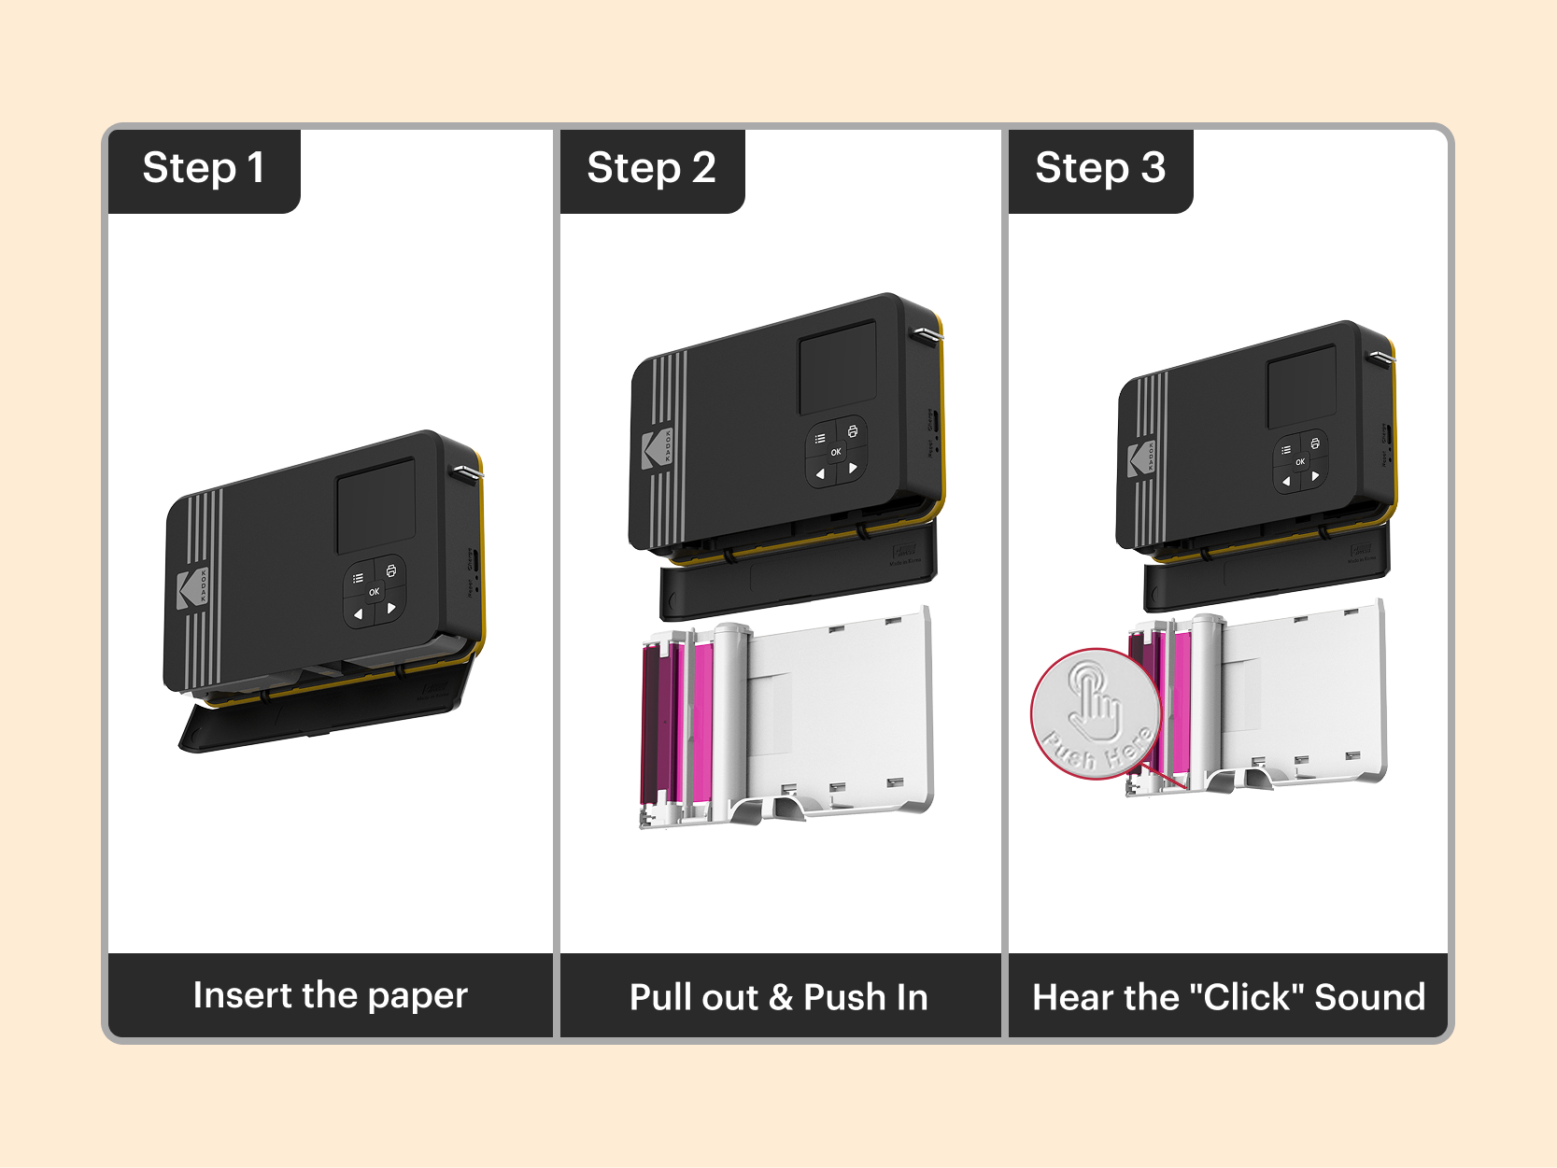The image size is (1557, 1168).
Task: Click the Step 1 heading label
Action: [x=204, y=169]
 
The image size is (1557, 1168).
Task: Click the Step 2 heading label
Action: [x=651, y=169]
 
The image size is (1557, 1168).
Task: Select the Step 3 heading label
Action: [x=1099, y=169]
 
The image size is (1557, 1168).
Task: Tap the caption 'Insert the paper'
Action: [x=330, y=995]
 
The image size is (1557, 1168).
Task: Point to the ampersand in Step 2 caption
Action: [x=781, y=998]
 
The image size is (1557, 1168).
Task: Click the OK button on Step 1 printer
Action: [x=374, y=592]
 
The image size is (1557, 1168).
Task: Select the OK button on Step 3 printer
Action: [x=1299, y=462]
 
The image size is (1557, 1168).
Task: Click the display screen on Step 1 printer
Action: [x=375, y=505]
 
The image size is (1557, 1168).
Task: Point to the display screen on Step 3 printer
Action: [x=1301, y=387]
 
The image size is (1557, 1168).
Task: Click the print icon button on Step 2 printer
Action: [x=852, y=431]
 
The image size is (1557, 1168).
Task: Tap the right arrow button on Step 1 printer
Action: [x=391, y=609]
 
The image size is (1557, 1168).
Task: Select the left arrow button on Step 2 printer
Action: [x=820, y=474]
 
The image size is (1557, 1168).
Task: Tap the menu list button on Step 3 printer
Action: [x=1286, y=450]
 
